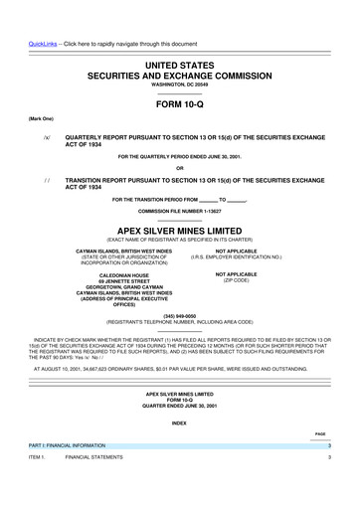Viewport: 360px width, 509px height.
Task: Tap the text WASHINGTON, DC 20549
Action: click(x=180, y=85)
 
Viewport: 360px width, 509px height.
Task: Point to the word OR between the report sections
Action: click(x=180, y=166)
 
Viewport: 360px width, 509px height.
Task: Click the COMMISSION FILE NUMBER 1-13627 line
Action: click(x=180, y=211)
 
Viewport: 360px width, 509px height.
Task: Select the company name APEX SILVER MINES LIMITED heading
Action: click(x=180, y=227)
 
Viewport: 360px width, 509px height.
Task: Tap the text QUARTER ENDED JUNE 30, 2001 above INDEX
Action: click(x=180, y=405)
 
